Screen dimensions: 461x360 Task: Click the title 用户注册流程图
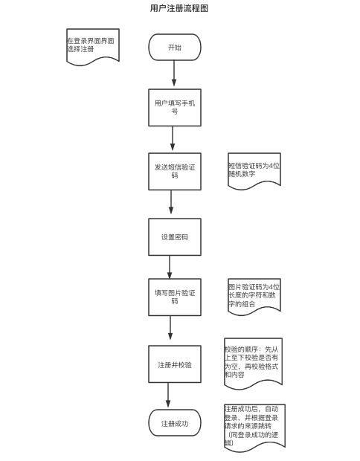coord(179,8)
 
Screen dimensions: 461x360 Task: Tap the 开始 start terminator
coord(175,47)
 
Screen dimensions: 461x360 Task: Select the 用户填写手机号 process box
coord(175,107)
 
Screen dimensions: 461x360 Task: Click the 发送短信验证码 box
coord(175,171)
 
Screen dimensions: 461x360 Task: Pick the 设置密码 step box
coord(175,236)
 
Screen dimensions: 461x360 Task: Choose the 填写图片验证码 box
coord(175,297)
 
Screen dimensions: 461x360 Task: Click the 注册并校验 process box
coord(175,364)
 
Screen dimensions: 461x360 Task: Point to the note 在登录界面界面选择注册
coord(93,45)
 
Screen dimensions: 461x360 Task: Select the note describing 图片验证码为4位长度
coord(254,295)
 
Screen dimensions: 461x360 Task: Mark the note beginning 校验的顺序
coord(253,361)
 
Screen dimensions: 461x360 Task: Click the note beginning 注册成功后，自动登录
coord(254,427)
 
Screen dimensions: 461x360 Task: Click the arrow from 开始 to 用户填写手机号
coord(175,74)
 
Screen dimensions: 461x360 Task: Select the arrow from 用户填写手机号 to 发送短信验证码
coord(173,139)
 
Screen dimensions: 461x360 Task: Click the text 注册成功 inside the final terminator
coord(175,424)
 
